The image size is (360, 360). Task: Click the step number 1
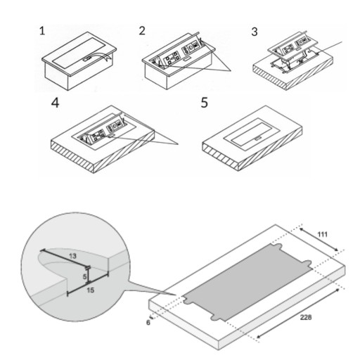coord(42,31)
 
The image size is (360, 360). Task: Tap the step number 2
coord(142,31)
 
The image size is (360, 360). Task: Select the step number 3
coord(255,32)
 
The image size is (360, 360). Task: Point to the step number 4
coord(56,103)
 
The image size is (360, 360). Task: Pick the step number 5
coord(205,103)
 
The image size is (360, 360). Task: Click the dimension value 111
coord(322,234)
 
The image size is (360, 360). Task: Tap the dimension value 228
coord(306,317)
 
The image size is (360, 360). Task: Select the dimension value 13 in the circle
coord(72,256)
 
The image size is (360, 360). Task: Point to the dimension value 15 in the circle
coord(90,290)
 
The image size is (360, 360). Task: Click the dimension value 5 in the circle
coord(84,277)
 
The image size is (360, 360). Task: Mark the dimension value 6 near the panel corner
coord(148,323)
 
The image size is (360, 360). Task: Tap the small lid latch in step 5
coord(257,139)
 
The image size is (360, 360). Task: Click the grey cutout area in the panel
coord(247,282)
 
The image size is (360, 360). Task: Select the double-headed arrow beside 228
coord(298,314)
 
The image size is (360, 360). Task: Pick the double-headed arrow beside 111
coord(319,239)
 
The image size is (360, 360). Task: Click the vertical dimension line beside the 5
coord(88,276)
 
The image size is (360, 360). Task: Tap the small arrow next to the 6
coord(151,317)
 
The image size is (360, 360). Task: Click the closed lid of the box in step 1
coord(79,53)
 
